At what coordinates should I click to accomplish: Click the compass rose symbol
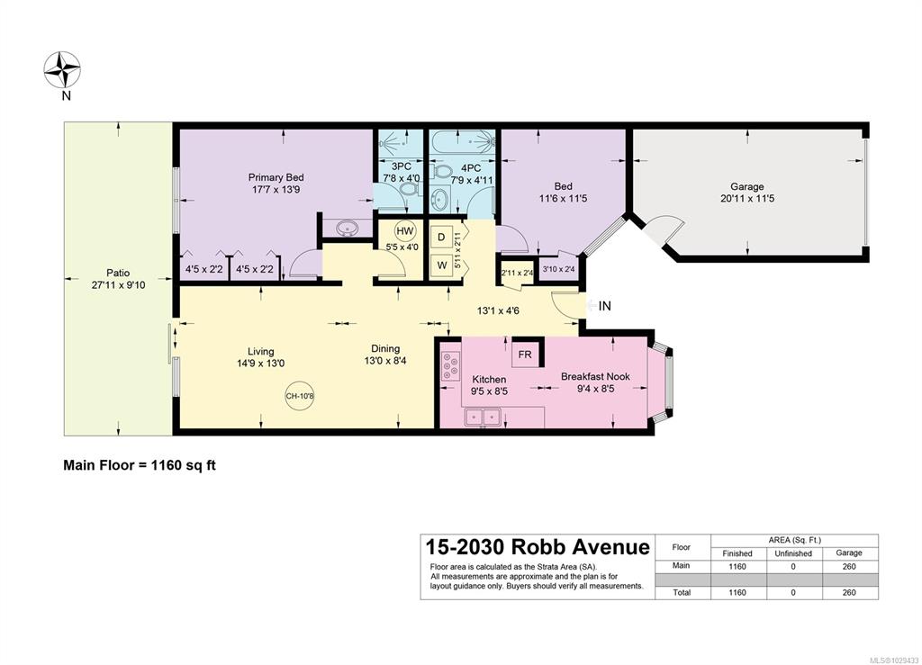point(62,70)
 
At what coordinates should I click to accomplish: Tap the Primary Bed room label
point(276,177)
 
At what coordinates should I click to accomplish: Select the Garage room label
point(746,187)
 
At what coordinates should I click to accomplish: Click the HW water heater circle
point(405,231)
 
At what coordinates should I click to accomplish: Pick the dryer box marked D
point(441,237)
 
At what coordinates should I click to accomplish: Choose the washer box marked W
point(441,265)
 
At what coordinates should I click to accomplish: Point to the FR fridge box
point(525,355)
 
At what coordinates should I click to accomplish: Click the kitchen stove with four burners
point(451,365)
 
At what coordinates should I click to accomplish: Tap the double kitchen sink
point(483,418)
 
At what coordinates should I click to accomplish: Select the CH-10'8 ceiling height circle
point(300,396)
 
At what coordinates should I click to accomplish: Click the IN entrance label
point(604,306)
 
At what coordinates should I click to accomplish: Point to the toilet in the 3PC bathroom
point(409,189)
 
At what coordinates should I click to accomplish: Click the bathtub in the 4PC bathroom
point(464,142)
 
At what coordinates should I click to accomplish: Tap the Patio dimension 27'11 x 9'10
point(118,285)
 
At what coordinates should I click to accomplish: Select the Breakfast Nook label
point(595,376)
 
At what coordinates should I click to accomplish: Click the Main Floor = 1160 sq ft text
point(140,465)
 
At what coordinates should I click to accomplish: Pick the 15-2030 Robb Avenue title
point(538,547)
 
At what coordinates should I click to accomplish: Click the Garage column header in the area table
point(848,553)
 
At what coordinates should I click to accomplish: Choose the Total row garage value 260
point(848,593)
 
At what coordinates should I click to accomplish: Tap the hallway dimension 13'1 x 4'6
point(498,310)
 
